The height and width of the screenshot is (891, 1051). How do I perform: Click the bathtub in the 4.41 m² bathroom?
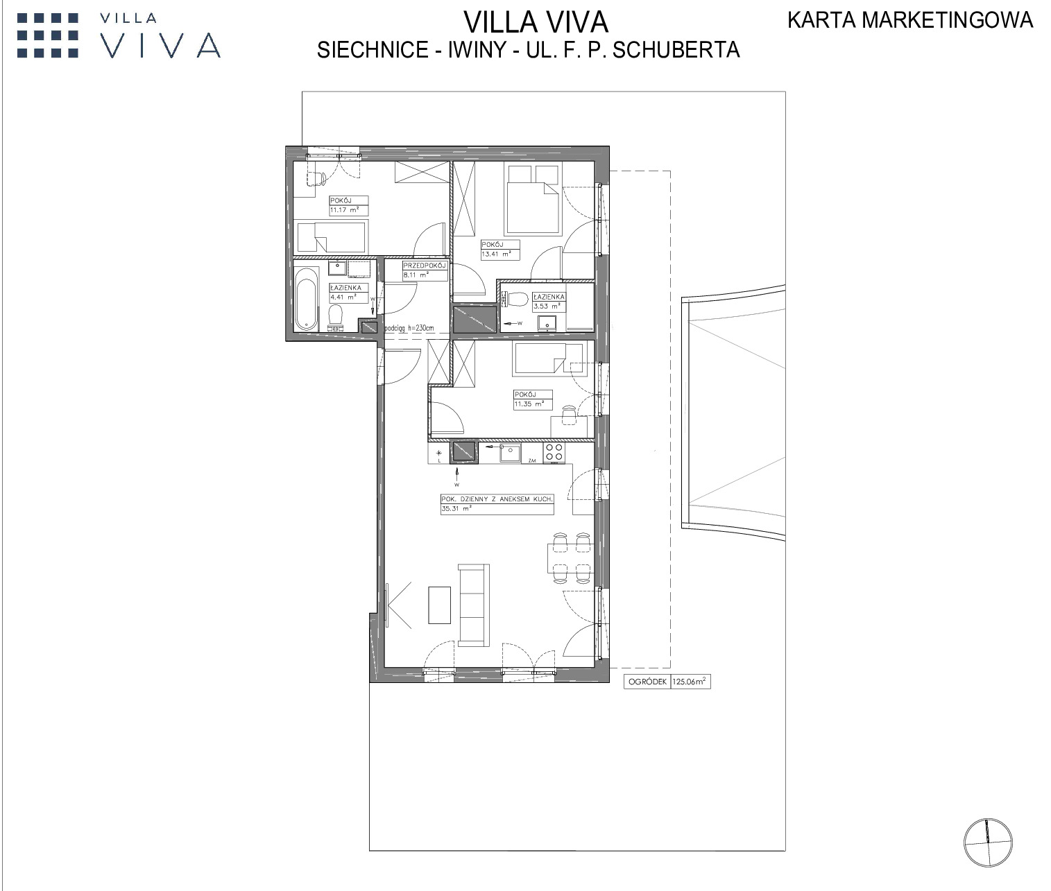[x=307, y=299]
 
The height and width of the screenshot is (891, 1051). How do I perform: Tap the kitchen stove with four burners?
[x=554, y=452]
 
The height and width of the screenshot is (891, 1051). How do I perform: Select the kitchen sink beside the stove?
[x=509, y=452]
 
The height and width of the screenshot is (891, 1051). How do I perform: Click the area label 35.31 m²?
[x=456, y=508]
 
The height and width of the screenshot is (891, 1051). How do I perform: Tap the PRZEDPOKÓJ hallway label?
[x=425, y=266]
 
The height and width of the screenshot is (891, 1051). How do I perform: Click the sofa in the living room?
[x=474, y=605]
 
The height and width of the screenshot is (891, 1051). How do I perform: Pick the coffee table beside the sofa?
[x=439, y=605]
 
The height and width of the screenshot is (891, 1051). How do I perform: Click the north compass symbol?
[x=988, y=842]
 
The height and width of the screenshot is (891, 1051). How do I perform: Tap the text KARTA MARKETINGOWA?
[x=910, y=20]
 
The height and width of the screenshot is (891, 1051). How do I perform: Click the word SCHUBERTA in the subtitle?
[x=676, y=50]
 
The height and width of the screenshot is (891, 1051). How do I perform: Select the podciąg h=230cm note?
[x=410, y=329]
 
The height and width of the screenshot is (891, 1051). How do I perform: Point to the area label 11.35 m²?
[x=529, y=404]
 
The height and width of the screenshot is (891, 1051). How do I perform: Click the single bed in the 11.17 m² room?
[x=331, y=237]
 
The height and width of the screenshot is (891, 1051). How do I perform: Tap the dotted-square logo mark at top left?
[x=48, y=35]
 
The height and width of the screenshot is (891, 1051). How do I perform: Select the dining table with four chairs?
[x=570, y=558]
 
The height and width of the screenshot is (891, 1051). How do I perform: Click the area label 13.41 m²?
[x=496, y=254]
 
